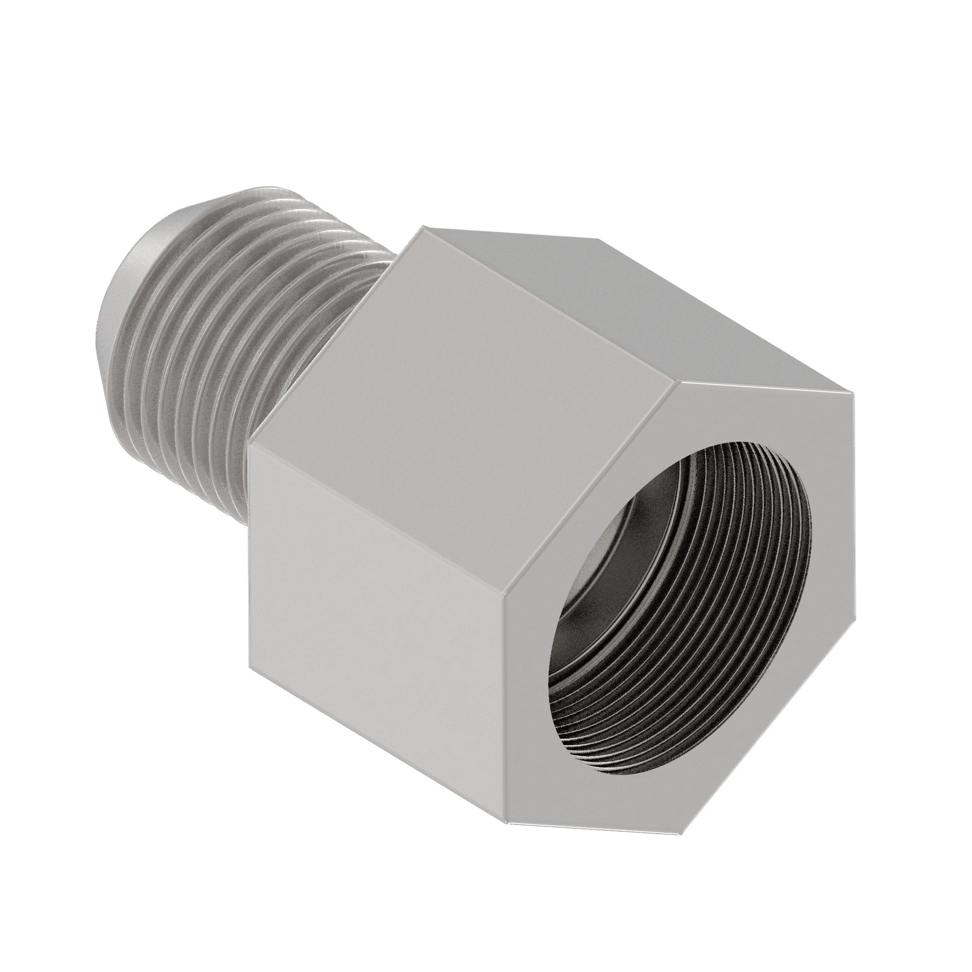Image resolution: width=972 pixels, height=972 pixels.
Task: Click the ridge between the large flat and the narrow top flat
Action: click(x=548, y=312)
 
